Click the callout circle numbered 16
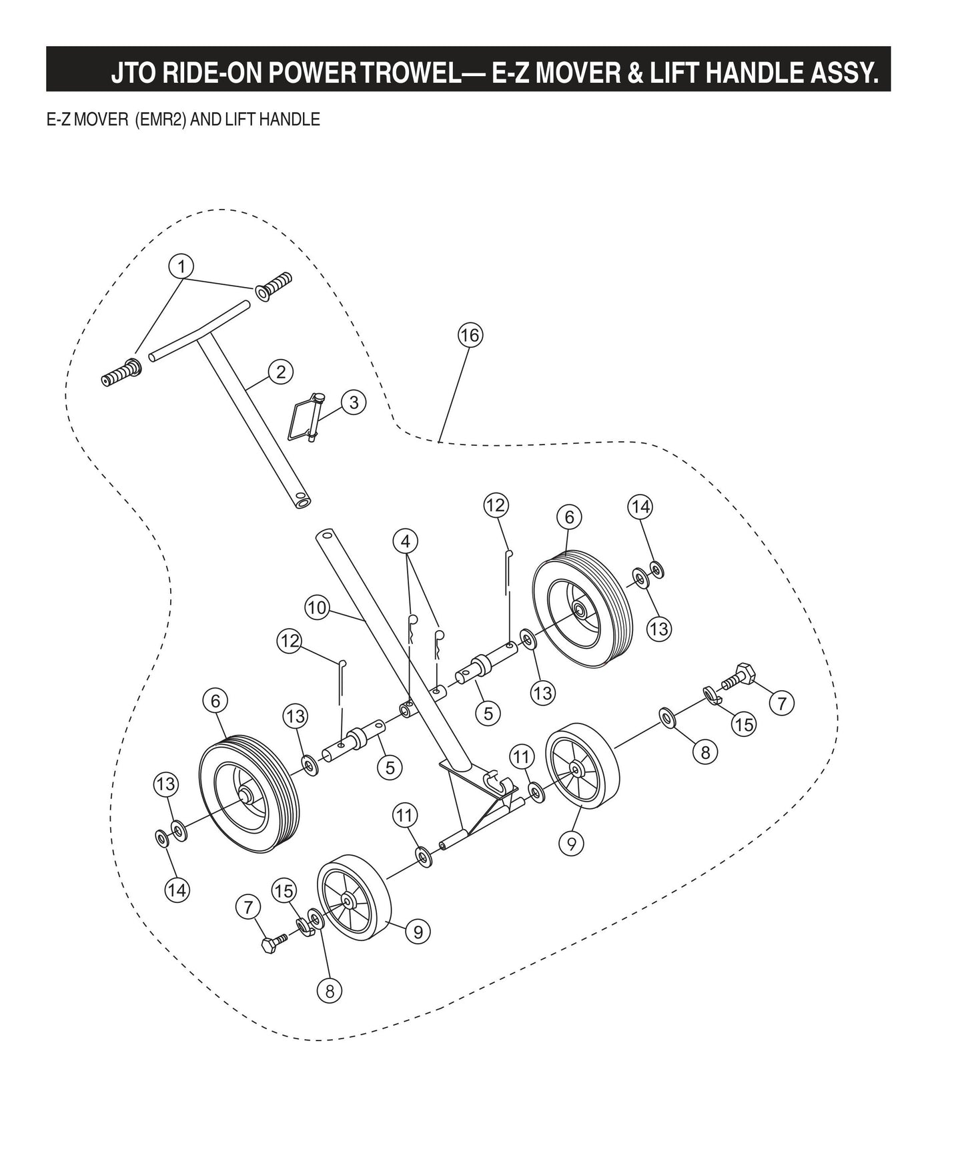click(x=470, y=335)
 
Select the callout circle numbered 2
click(x=280, y=372)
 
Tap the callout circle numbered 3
click(x=353, y=402)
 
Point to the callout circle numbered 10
click(x=318, y=608)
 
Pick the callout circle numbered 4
click(x=406, y=541)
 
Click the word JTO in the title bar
click(x=134, y=72)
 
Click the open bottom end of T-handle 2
click(x=302, y=500)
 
